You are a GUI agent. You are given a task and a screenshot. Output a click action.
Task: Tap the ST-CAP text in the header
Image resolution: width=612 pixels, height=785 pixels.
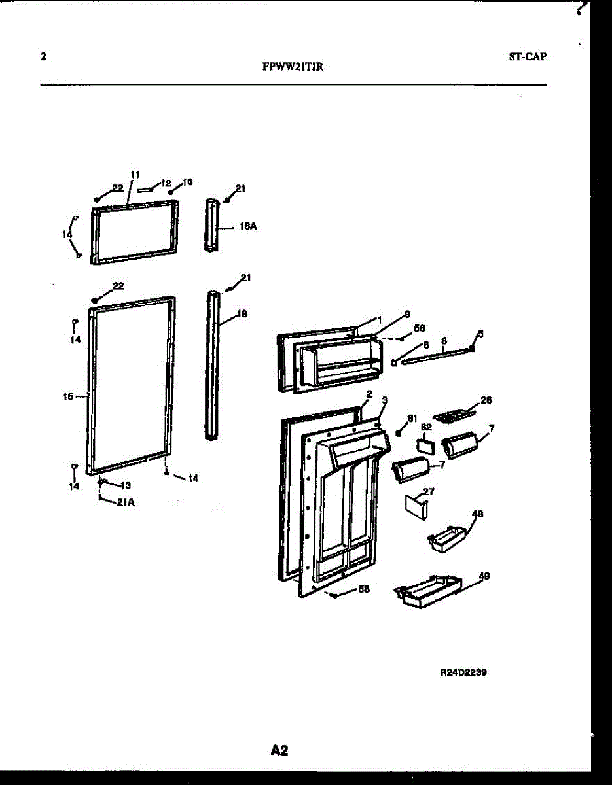click(528, 56)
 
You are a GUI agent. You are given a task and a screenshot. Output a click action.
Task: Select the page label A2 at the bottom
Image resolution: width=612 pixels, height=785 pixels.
click(279, 750)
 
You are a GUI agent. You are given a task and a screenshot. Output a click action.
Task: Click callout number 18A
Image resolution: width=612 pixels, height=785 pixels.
click(247, 226)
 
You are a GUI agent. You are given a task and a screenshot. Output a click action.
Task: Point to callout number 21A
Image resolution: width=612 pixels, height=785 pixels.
click(126, 503)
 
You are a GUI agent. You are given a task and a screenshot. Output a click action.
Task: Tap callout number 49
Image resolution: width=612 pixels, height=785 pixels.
click(484, 576)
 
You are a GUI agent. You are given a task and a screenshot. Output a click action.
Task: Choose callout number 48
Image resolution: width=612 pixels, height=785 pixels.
click(477, 514)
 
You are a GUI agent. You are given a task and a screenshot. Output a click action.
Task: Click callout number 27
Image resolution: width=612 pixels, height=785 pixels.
click(428, 491)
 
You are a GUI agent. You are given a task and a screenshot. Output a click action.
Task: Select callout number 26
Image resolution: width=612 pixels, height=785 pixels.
click(486, 400)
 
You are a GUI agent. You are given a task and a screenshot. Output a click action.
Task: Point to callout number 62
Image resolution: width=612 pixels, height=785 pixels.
click(427, 426)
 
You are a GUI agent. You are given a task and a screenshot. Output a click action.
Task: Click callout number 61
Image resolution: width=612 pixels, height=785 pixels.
click(412, 418)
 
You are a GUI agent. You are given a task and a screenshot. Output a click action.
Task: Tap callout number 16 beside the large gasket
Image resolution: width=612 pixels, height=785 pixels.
click(68, 395)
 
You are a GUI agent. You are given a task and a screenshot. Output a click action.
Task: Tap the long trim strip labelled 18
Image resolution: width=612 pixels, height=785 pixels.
click(213, 366)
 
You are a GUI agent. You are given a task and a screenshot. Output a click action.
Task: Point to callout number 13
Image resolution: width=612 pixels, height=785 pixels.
click(126, 485)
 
